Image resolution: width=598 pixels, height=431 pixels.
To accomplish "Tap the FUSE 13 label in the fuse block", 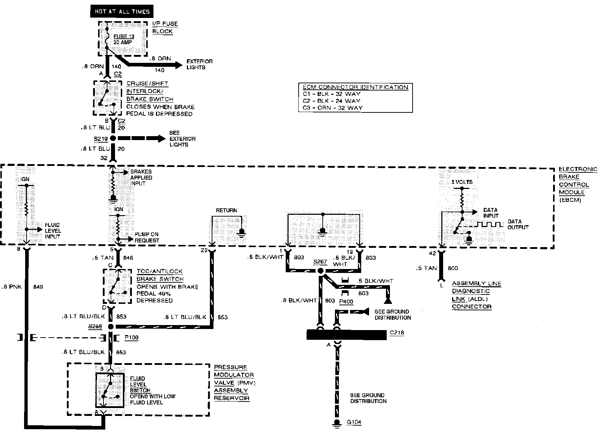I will point(121,37).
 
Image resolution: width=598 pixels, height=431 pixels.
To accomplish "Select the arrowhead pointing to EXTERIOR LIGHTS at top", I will point(179,65).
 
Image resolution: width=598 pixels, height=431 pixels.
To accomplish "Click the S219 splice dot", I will point(113,138).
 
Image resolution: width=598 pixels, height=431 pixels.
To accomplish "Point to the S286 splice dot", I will point(111,326).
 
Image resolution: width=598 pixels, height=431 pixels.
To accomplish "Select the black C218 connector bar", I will point(345,334).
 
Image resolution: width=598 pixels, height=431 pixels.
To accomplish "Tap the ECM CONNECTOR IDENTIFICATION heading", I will point(355,87).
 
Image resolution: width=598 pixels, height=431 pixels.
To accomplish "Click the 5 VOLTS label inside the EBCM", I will point(462,182).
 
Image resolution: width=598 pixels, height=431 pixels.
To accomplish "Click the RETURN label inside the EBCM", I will point(226,210).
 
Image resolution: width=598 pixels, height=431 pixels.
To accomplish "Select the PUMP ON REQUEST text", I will point(147,237).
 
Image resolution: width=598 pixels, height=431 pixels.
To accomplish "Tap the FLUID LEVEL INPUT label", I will point(53,231).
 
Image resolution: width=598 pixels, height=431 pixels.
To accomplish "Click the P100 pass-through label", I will point(131,338).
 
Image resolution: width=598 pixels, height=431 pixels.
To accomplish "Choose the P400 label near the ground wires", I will point(346,302).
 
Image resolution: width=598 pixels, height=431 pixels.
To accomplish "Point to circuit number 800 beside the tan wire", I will point(453,268).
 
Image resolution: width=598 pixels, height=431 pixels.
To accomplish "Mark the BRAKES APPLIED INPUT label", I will point(141,177).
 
